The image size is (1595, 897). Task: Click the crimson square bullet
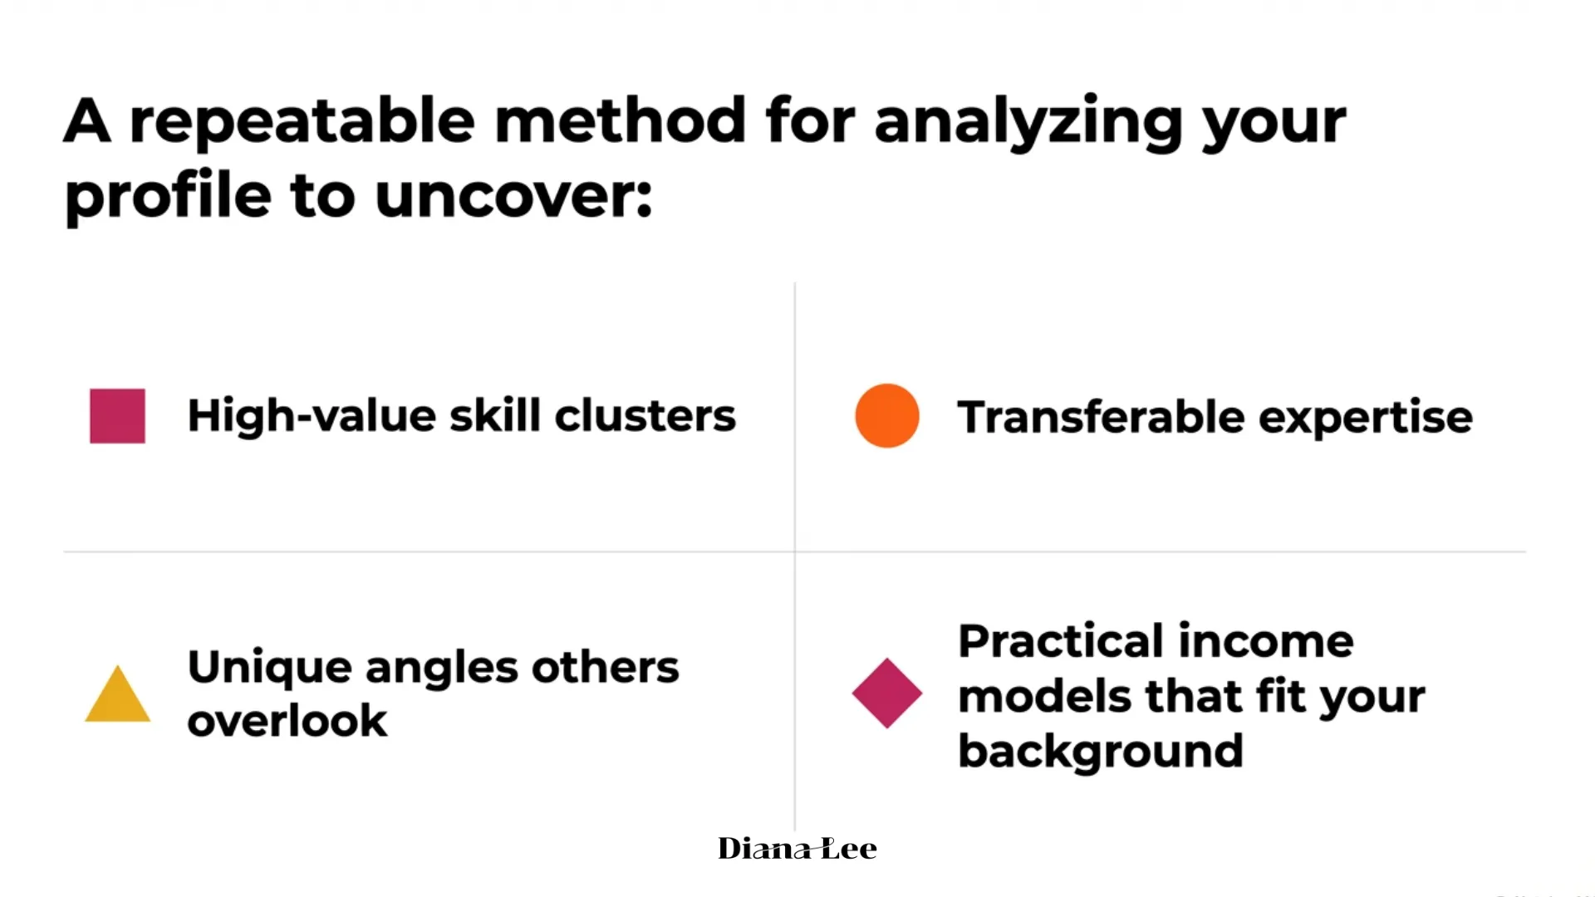click(x=117, y=416)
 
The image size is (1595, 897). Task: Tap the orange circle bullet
click(x=887, y=416)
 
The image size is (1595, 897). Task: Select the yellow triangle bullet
click(x=118, y=694)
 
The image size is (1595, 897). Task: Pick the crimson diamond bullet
click(x=887, y=694)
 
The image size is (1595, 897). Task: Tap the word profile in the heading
click(x=169, y=198)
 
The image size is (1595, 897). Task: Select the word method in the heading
click(x=621, y=120)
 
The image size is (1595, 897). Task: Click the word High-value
click(x=312, y=415)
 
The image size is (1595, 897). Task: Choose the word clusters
click(x=645, y=415)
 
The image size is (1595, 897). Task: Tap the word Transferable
click(x=1101, y=416)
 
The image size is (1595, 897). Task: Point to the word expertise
click(x=1366, y=418)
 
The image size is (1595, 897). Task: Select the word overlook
click(x=287, y=719)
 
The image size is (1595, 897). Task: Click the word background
click(x=1101, y=752)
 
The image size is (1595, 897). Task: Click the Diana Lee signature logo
click(x=797, y=848)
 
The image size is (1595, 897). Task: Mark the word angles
click(x=441, y=669)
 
